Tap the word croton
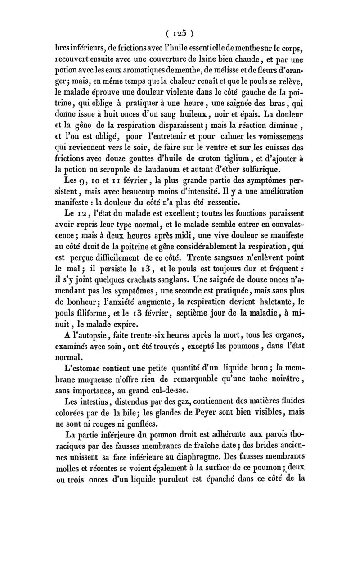click(x=197, y=158)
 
